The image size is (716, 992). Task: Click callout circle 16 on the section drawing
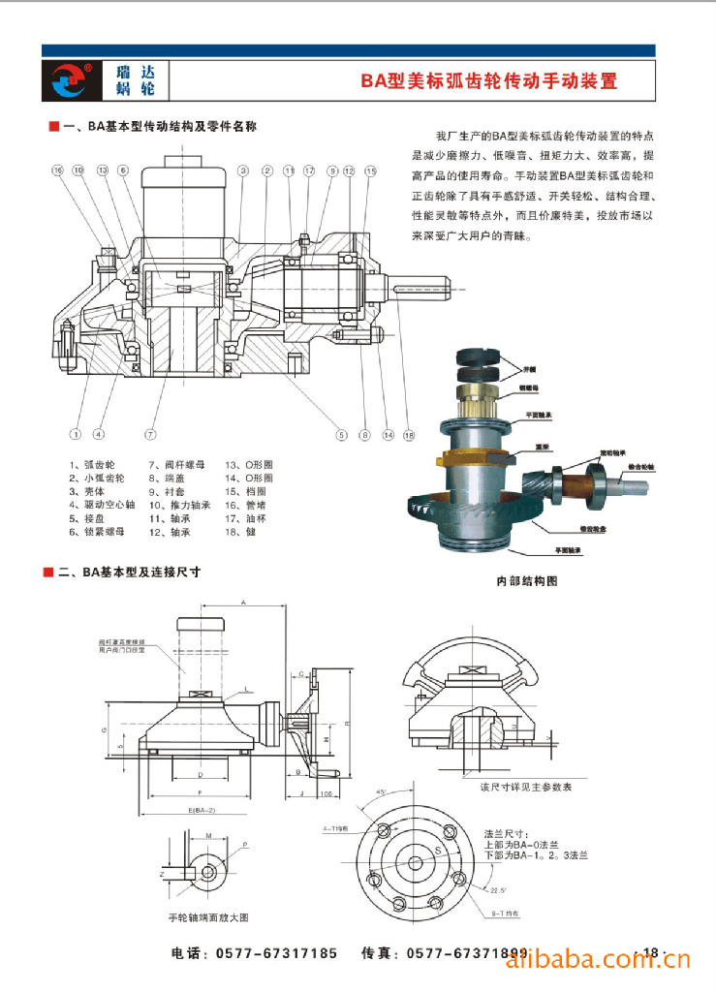[x=57, y=170]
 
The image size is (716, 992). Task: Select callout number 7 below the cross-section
[x=150, y=434]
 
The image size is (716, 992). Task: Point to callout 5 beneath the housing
[x=341, y=435]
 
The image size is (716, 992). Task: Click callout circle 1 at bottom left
[x=75, y=434]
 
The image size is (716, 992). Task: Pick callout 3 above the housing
[x=242, y=170]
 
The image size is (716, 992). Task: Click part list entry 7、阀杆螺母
[x=176, y=464]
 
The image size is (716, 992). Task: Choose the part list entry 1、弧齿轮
[x=91, y=464]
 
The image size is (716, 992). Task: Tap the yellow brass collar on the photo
[x=469, y=464]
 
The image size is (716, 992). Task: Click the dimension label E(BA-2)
[x=202, y=810]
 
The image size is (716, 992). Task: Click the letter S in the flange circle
[x=437, y=850]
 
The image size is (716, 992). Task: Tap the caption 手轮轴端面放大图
[x=208, y=916]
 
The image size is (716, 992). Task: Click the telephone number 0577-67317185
[x=276, y=954]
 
